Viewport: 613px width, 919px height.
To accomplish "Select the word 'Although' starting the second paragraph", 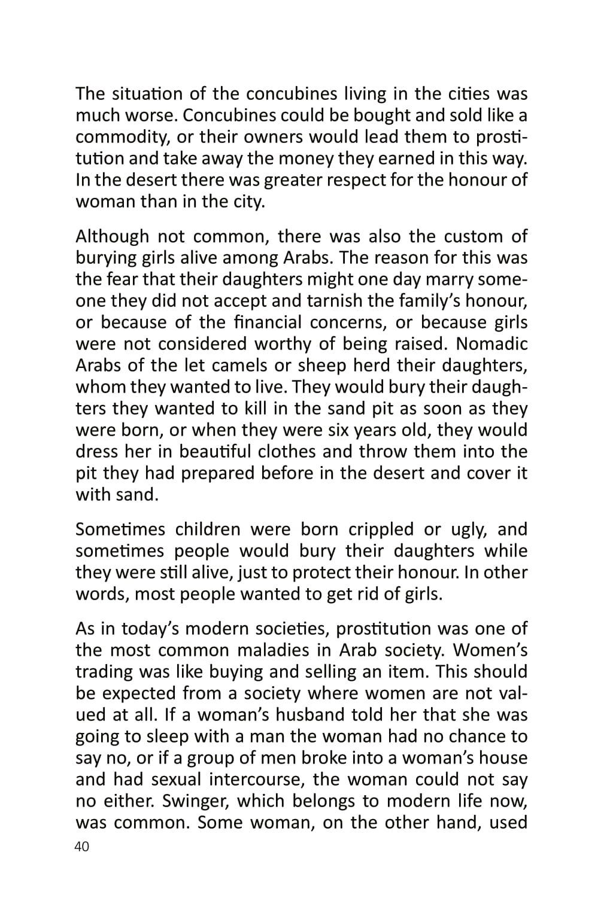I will coord(111,236).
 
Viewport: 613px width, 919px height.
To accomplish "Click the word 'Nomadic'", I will coord(493,344).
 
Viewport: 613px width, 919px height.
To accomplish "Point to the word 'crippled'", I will coord(381,530).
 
